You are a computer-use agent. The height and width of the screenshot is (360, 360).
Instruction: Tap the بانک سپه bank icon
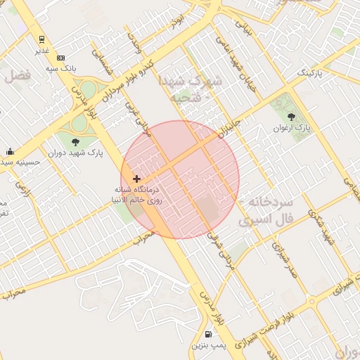60,58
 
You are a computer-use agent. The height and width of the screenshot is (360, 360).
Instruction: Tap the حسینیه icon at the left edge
10,151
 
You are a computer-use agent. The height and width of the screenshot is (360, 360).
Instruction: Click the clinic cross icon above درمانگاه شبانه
136,179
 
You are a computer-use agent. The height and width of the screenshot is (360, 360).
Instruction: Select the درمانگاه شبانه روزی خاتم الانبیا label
139,195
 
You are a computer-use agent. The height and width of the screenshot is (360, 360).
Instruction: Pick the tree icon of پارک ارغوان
292,117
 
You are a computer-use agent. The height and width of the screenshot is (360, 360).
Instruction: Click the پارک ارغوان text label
292,127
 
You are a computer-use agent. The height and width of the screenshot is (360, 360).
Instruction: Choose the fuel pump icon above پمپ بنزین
208,335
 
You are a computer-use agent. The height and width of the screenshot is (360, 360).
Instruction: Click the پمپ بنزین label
208,347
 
